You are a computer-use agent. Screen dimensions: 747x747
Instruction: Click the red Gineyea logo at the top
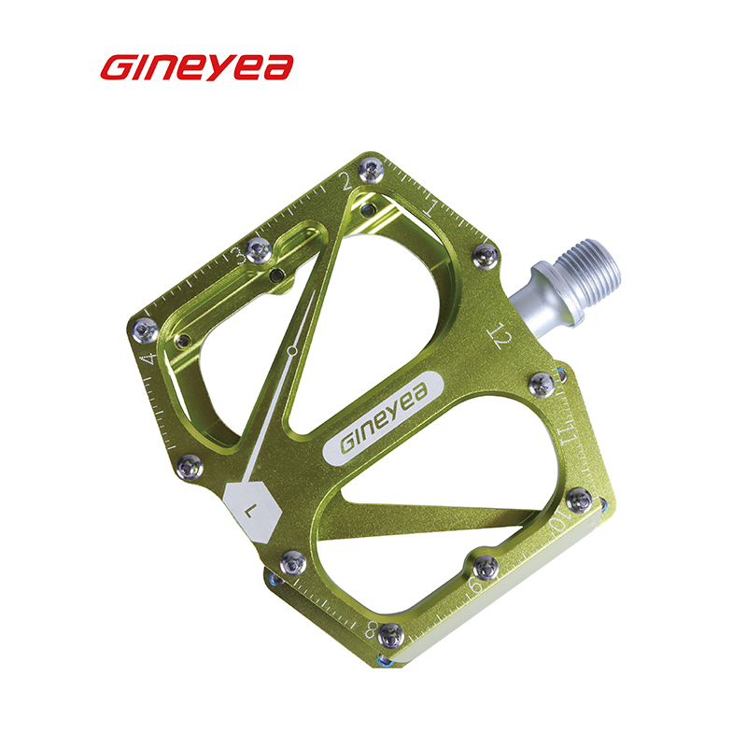[197, 67]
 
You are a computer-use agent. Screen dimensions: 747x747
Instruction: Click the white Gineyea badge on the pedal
[383, 418]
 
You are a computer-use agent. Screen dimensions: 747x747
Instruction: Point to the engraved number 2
[345, 180]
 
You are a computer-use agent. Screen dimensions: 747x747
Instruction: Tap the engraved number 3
[240, 256]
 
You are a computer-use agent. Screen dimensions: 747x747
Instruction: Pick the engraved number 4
[148, 359]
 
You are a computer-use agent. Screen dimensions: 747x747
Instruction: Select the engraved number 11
[570, 433]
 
